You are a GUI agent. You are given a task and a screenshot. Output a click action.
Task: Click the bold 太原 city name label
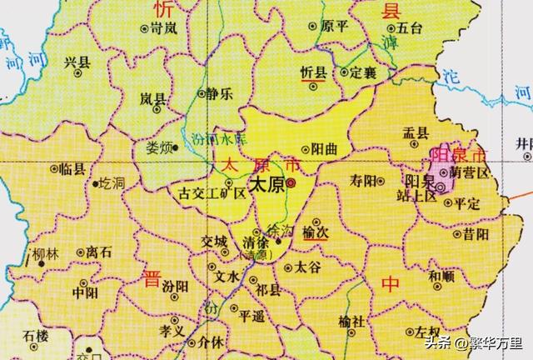(267, 184)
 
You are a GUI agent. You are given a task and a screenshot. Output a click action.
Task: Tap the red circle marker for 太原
(291, 184)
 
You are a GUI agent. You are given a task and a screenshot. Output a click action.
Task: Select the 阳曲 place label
(325, 149)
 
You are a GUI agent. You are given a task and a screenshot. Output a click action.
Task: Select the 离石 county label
(100, 251)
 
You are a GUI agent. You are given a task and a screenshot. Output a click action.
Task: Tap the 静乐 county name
(219, 94)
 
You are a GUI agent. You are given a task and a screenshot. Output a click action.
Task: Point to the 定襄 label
(365, 72)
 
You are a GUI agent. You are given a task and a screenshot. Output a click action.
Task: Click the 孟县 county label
(416, 132)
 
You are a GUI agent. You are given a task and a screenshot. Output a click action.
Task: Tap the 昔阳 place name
(476, 234)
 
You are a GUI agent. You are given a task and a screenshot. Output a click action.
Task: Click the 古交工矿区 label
(213, 193)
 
